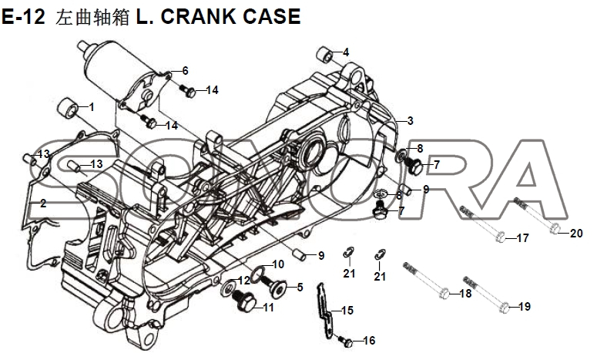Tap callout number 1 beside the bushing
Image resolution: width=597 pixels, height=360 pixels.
click(92, 107)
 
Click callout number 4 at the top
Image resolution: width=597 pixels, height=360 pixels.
click(346, 52)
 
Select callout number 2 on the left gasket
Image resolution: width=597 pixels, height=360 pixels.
click(43, 204)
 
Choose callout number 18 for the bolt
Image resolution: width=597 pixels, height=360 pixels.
click(465, 294)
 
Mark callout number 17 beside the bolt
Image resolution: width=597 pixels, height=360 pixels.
click(522, 237)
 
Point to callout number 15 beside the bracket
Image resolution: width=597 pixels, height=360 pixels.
click(347, 311)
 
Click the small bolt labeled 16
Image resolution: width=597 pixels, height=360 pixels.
click(347, 341)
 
